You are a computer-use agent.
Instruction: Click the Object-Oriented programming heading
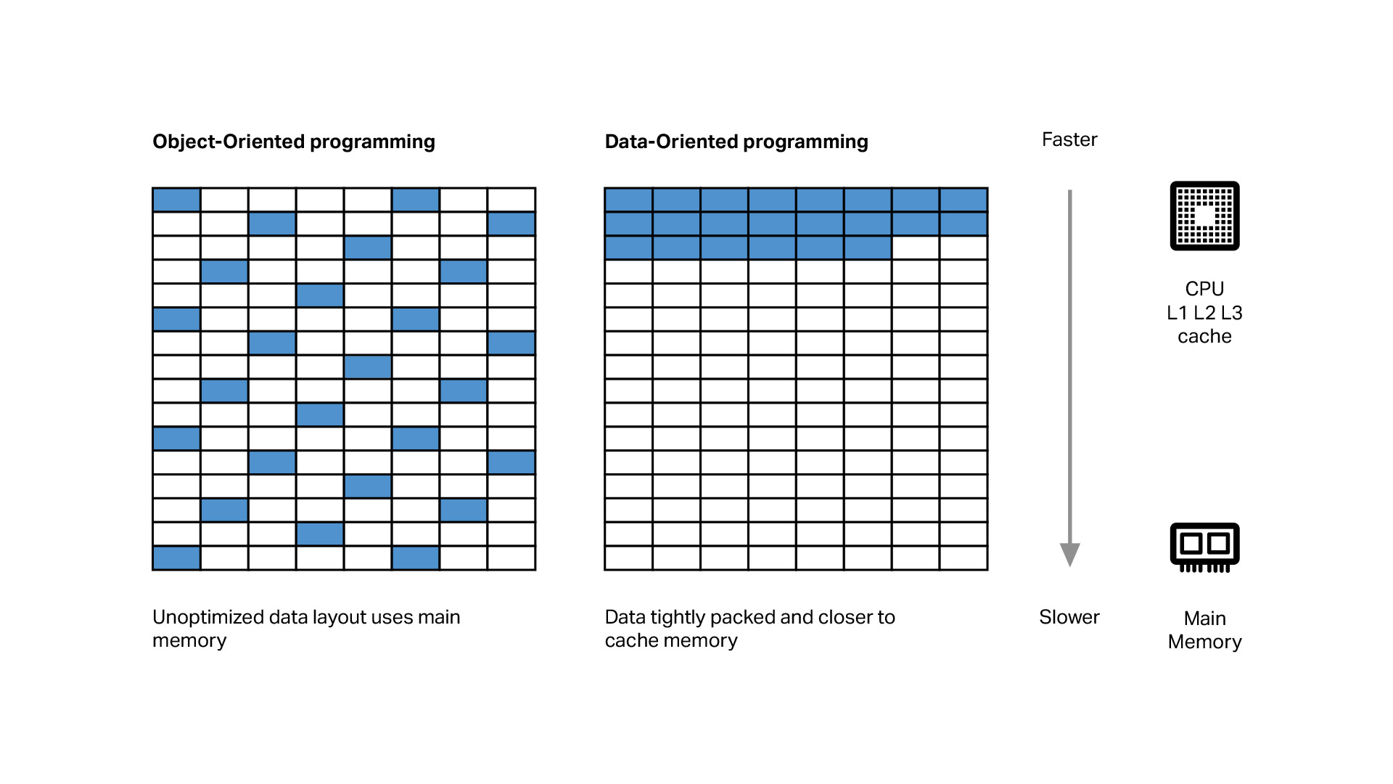click(294, 142)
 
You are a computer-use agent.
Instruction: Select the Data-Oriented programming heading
click(736, 142)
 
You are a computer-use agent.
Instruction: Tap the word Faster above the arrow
click(1069, 139)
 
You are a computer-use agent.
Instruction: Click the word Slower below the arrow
click(1069, 617)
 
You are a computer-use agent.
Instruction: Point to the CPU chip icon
click(1204, 216)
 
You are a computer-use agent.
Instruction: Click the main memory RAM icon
click(1204, 547)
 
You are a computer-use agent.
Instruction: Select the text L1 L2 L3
click(1204, 313)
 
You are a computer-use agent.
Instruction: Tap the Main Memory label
click(1204, 630)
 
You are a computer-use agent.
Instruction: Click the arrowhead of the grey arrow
click(1069, 554)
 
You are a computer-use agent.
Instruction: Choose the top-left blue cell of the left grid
click(176, 200)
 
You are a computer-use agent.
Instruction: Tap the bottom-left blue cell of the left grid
click(176, 558)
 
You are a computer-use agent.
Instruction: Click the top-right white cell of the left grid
click(511, 200)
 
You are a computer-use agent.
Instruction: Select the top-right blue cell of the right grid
click(963, 200)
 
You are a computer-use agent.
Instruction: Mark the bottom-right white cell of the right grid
click(963, 558)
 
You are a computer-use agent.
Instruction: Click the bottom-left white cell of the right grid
click(629, 558)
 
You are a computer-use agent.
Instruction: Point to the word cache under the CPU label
click(1204, 337)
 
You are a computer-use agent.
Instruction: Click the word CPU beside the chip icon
click(1204, 289)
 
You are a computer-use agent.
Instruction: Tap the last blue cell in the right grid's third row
click(868, 248)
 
